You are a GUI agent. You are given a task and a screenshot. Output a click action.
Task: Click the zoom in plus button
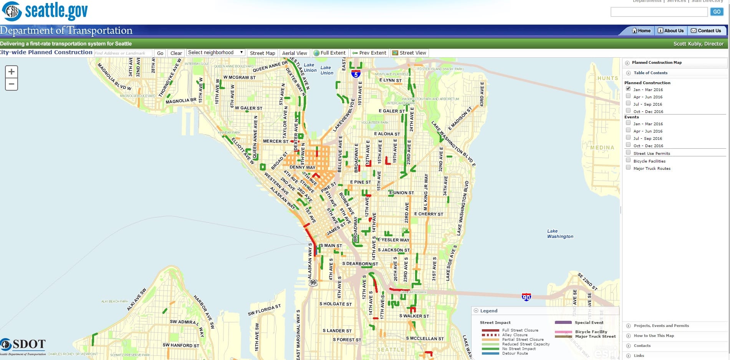pos(12,71)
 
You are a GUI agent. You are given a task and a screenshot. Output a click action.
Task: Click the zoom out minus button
pos(12,84)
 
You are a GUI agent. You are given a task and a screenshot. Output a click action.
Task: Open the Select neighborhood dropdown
pos(215,53)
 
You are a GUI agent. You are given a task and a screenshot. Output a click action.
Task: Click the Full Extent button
pos(330,53)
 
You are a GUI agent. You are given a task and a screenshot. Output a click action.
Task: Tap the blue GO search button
pos(717,12)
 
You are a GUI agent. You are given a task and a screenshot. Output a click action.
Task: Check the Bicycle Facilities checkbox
pos(628,160)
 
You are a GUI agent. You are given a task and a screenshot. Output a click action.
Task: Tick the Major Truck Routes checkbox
pos(628,168)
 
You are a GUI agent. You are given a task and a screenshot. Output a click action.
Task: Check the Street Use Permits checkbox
pos(628,153)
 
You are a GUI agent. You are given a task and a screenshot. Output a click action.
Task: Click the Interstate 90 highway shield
pos(526,297)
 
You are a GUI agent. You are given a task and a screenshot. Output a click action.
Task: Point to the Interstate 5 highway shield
pos(356,74)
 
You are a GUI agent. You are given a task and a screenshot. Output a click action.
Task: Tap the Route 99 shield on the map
pos(313,283)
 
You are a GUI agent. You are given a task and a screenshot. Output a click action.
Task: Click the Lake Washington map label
pos(560,234)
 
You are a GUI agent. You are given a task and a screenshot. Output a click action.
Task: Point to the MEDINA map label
pos(602,148)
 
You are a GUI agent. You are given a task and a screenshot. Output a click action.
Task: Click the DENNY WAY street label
pos(302,168)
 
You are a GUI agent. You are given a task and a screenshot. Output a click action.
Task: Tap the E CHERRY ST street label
pos(429,214)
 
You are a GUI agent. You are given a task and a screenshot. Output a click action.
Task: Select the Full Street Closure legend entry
pos(520,330)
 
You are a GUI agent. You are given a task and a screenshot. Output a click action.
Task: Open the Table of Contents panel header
pos(651,73)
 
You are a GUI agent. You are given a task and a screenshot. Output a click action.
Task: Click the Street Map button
pos(262,53)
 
